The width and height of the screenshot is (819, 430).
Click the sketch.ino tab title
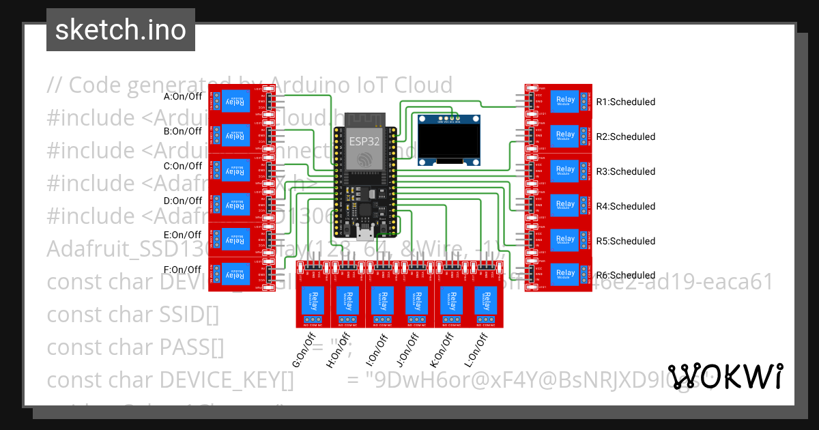(x=120, y=30)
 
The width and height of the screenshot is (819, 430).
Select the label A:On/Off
(x=183, y=96)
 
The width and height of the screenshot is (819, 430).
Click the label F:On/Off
(x=183, y=270)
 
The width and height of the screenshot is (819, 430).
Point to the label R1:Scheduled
(x=625, y=102)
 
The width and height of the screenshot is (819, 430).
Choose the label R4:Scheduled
(x=625, y=206)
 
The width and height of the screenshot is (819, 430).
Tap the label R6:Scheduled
(x=625, y=276)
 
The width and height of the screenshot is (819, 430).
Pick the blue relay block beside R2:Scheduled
(x=565, y=135)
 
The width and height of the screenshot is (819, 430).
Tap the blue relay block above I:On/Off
(x=379, y=300)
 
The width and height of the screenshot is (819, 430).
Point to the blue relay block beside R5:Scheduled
(x=565, y=240)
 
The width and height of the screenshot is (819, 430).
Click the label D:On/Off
(x=183, y=201)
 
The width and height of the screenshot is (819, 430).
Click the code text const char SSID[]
(x=132, y=315)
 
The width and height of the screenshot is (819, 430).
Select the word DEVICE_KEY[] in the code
(x=227, y=379)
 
